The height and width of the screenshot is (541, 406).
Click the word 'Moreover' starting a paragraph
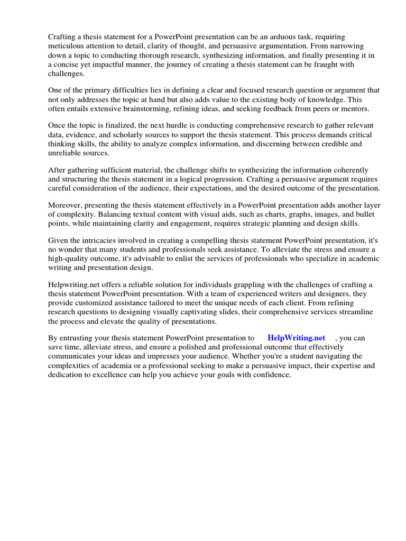pos(65,205)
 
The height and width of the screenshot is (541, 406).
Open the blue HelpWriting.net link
pos(296,338)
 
